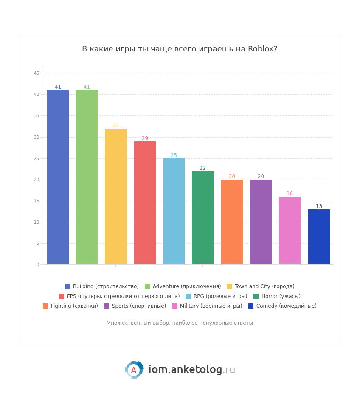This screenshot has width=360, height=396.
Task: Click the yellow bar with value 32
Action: click(115, 197)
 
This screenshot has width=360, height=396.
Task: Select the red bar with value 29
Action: click(145, 203)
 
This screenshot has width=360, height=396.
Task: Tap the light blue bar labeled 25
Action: click(174, 211)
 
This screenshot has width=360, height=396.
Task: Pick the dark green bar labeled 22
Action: click(202, 218)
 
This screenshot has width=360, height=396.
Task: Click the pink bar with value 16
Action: click(290, 230)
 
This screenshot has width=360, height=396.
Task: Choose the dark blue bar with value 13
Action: click(319, 237)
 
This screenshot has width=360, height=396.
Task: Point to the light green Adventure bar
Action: click(87, 177)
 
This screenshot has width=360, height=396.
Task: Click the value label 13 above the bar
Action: click(319, 206)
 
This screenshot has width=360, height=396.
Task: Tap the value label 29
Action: click(145, 138)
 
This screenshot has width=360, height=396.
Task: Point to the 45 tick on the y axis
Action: click(37, 73)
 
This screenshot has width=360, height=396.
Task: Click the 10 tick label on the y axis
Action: click(37, 222)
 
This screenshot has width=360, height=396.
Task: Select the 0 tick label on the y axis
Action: click(38, 264)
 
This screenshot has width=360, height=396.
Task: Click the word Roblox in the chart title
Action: click(263, 49)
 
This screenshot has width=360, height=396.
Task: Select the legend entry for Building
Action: click(102, 286)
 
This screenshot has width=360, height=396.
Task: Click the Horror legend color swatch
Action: click(256, 296)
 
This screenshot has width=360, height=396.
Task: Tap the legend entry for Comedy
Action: click(282, 306)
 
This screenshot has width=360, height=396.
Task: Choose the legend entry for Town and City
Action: click(260, 286)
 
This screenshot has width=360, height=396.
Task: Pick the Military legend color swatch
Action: click(174, 306)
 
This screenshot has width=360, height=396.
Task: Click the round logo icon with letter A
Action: click(134, 370)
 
